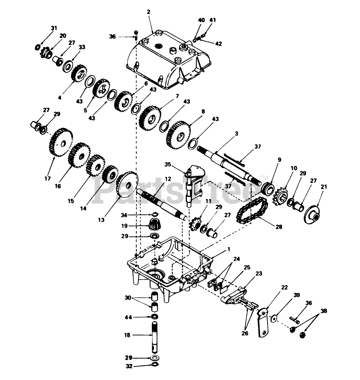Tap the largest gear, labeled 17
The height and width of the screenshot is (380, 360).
(x=60, y=143)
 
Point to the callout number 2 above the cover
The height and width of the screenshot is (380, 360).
(x=148, y=12)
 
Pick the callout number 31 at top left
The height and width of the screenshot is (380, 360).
(x=54, y=28)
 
